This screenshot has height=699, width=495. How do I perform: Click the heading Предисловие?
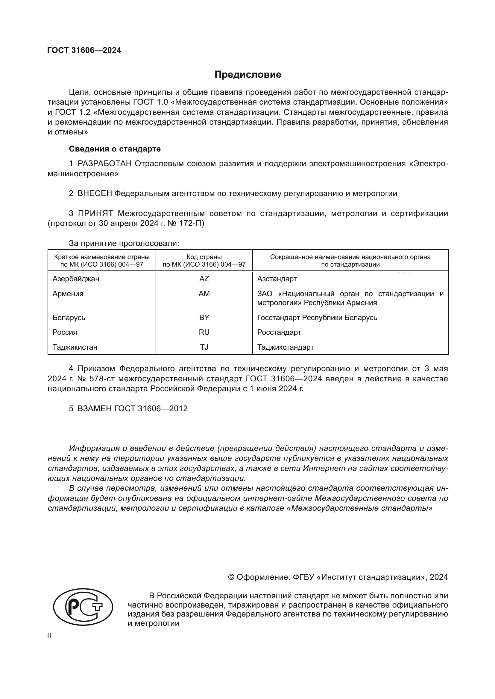tap(247, 75)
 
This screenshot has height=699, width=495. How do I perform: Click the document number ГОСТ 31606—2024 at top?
tap(84, 50)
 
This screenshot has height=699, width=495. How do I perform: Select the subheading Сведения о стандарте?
tap(115, 149)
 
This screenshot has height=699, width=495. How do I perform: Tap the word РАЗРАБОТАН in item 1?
tap(104, 164)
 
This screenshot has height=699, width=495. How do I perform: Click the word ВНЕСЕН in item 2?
tap(95, 194)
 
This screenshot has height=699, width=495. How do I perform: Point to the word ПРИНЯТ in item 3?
tap(95, 213)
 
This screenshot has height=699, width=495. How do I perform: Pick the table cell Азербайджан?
tap(76, 279)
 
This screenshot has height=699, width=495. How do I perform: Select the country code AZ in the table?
tap(204, 279)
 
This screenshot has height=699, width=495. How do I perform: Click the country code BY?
tap(204, 318)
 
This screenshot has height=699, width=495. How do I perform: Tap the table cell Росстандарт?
tap(279, 332)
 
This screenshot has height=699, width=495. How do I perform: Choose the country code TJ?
tap(204, 347)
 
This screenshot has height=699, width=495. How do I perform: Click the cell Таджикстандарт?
tap(285, 347)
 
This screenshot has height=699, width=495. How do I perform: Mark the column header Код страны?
tap(204, 257)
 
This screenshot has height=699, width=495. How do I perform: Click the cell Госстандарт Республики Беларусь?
tap(317, 318)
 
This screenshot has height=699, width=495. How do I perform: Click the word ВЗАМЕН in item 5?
tap(95, 409)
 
